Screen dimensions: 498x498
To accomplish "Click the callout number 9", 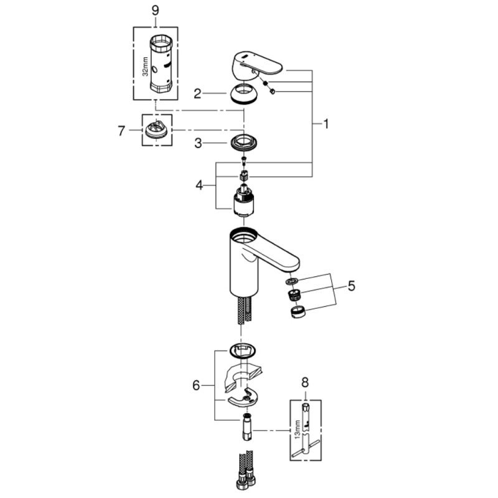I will (155, 11).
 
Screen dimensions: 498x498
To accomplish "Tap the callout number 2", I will (197, 94).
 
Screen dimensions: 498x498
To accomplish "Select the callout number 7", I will (122, 130).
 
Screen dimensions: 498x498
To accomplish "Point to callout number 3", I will (197, 143).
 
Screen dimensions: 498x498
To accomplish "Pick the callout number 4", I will (199, 184).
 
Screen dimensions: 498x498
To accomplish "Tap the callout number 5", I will (352, 286).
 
